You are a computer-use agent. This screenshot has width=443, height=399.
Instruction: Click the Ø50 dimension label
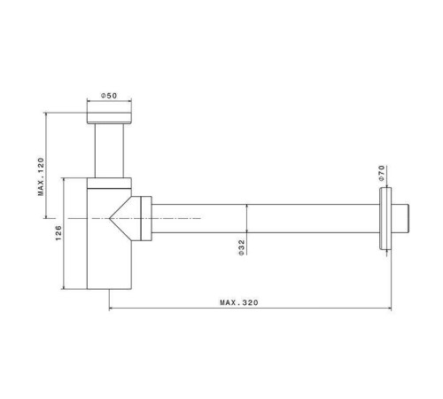tap(110, 96)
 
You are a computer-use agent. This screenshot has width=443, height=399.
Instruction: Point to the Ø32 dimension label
tap(242, 247)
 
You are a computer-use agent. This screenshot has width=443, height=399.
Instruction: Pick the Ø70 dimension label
tap(382, 172)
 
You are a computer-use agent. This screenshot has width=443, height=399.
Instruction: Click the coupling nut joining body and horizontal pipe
tap(142, 217)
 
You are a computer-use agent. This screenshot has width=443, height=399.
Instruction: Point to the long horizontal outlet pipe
tap(266, 217)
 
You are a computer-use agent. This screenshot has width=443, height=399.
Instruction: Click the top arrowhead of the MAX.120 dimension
tap(46, 113)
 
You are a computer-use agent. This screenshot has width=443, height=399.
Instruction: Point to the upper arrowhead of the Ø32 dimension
tap(247, 207)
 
